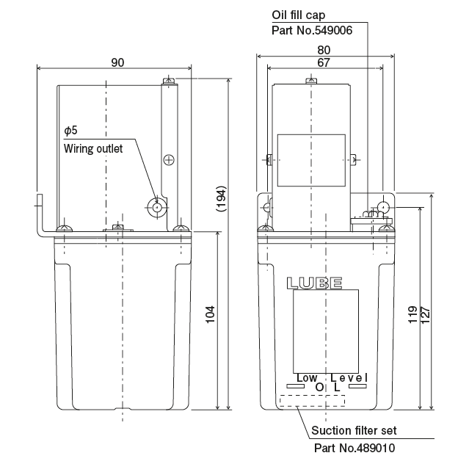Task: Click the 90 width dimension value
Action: point(117,62)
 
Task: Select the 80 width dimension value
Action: point(324,50)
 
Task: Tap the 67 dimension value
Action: point(324,63)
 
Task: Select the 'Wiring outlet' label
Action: point(93,148)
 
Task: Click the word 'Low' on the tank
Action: point(306,377)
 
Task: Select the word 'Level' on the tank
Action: point(349,377)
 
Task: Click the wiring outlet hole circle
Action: point(158,207)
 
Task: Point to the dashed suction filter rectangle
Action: point(312,400)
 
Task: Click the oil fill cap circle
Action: point(382,209)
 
